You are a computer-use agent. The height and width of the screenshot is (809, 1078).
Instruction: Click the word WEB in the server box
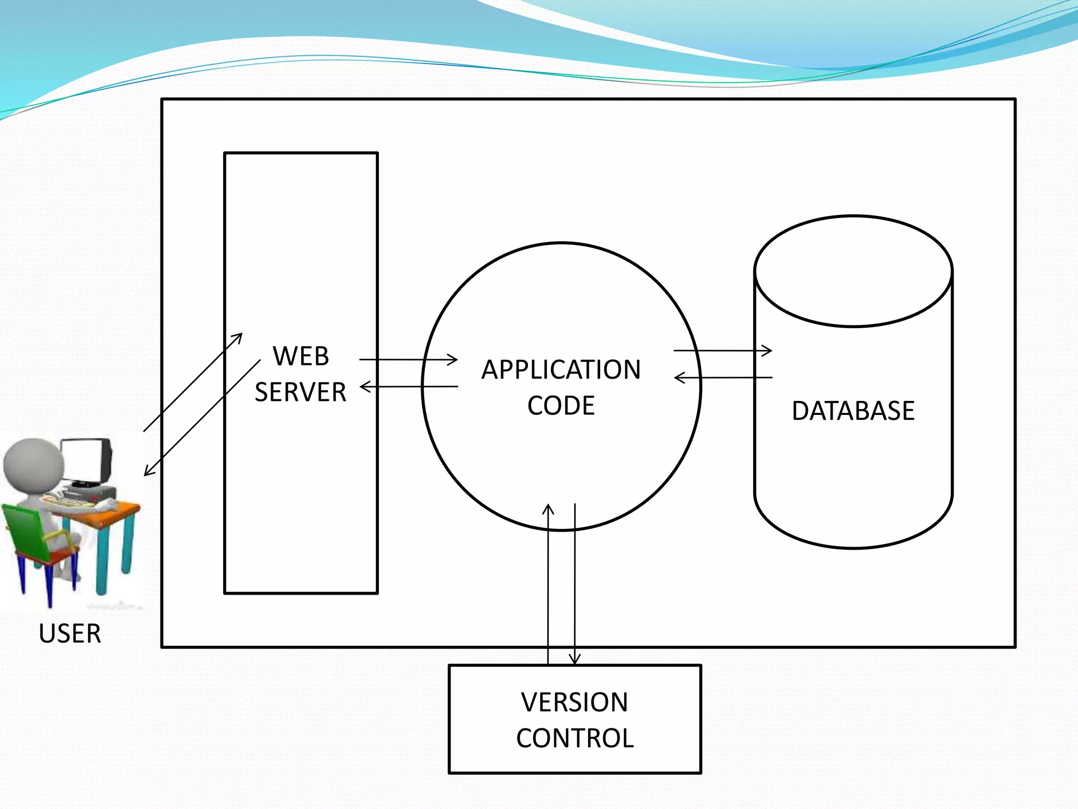click(x=301, y=357)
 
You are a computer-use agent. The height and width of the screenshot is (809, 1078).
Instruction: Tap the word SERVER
click(x=301, y=392)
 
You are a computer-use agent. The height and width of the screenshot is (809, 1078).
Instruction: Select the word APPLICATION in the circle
click(x=561, y=370)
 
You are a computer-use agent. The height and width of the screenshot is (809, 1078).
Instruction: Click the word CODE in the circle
click(x=561, y=406)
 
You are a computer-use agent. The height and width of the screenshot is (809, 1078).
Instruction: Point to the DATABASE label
click(x=853, y=411)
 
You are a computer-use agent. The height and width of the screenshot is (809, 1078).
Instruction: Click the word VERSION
click(x=575, y=702)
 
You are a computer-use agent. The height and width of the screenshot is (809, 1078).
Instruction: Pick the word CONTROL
click(x=575, y=738)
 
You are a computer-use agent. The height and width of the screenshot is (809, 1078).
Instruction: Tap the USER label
click(x=70, y=633)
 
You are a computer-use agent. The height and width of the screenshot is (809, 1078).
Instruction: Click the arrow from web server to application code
click(x=408, y=360)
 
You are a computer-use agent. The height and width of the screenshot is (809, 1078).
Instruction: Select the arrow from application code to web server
click(x=408, y=387)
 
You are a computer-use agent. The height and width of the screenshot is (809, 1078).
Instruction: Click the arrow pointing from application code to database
click(x=723, y=350)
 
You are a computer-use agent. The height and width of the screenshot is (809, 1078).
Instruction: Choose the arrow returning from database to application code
click(x=723, y=378)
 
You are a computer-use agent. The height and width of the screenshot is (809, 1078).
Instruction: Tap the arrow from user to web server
click(x=193, y=382)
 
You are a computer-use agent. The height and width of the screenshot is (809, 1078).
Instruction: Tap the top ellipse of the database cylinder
click(x=853, y=272)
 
